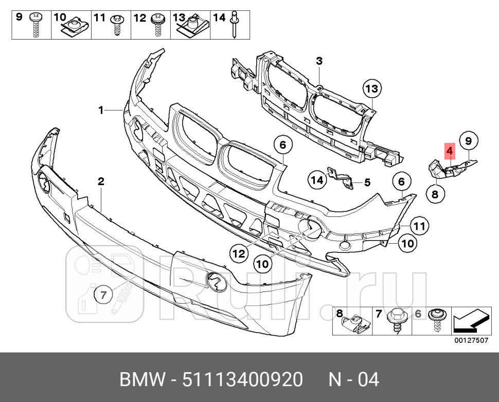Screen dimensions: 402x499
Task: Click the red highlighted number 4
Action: [x=449, y=151]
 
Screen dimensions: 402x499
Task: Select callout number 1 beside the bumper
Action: [x=101, y=109]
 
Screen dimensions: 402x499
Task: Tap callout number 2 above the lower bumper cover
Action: [x=101, y=181]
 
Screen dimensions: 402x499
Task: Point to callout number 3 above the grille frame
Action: [x=319, y=62]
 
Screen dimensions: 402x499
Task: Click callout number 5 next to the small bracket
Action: [x=367, y=182]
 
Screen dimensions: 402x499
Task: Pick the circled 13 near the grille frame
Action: [x=371, y=89]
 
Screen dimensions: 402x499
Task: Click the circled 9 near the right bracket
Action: [x=468, y=140]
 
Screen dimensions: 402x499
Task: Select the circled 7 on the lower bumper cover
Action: [x=103, y=295]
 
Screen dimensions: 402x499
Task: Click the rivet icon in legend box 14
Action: [x=235, y=25]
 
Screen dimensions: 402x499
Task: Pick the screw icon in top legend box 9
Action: [x=36, y=25]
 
